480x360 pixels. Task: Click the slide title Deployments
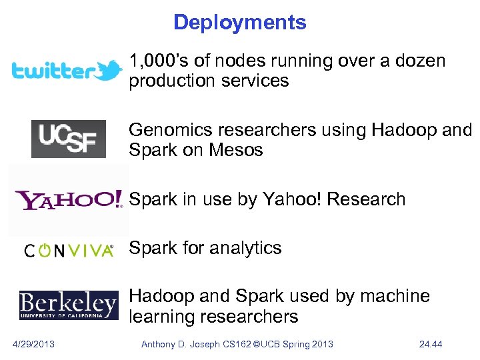(x=239, y=23)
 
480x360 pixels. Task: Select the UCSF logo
(x=68, y=139)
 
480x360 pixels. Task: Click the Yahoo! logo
(x=69, y=199)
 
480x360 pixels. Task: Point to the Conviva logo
(x=69, y=251)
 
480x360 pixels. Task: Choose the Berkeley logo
(x=68, y=305)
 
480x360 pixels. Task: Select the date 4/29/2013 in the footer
(x=34, y=344)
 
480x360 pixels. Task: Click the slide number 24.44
(x=431, y=344)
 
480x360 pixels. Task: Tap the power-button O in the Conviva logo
(x=45, y=251)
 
